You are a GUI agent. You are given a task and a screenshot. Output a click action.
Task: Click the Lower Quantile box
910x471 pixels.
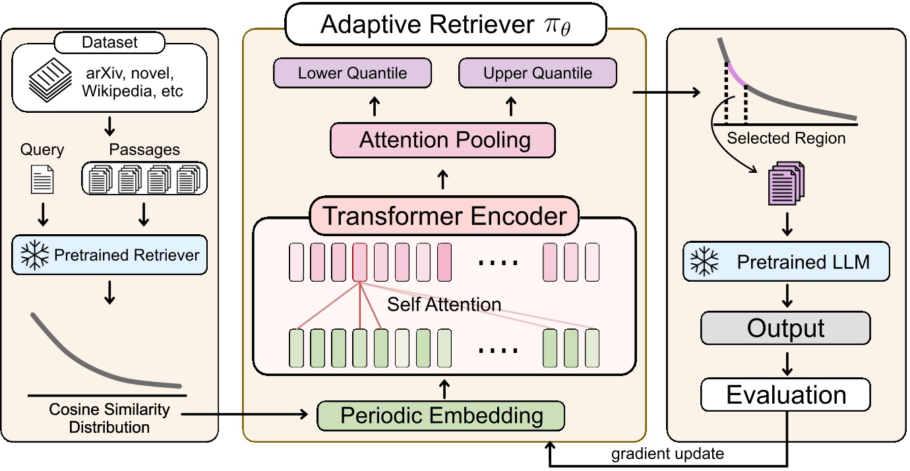[352, 73]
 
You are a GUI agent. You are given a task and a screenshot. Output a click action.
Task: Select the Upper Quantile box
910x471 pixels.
[537, 73]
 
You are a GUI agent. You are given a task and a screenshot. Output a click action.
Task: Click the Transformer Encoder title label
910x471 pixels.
[444, 216]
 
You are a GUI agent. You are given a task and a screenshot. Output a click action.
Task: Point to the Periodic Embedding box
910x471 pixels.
[441, 416]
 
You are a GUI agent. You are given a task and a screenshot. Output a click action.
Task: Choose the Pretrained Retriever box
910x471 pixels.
[109, 255]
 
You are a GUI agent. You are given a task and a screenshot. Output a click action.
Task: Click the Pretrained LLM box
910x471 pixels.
[786, 262]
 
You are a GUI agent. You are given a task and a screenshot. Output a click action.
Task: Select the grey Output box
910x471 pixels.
[785, 329]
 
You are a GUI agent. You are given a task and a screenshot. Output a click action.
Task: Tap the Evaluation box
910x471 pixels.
[785, 395]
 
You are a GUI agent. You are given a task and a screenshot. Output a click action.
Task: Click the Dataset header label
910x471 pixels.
[109, 43]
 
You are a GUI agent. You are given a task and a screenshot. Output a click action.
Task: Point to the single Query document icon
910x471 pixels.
[42, 179]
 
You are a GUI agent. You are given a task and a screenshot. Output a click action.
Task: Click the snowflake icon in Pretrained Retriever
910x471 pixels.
[33, 255]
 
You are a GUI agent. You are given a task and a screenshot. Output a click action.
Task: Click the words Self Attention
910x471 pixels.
[444, 305]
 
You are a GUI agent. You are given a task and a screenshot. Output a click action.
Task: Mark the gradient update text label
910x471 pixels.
[667, 454]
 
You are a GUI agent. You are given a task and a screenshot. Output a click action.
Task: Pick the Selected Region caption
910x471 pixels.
[785, 139]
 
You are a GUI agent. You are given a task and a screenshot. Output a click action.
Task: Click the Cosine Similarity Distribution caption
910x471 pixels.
[109, 418]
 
